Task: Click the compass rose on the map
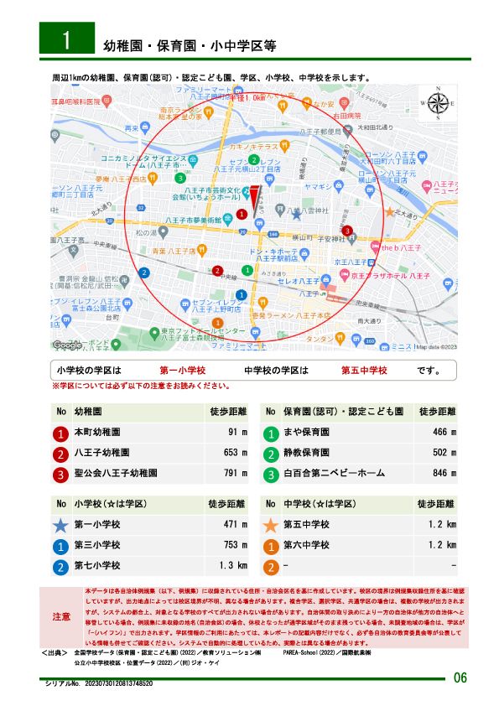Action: click(438, 105)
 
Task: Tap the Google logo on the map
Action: click(67, 345)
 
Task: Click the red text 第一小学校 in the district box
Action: click(183, 370)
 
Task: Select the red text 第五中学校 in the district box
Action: click(363, 370)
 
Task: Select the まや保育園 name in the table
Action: click(303, 433)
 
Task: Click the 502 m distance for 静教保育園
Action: click(439, 454)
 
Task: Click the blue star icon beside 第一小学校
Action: click(60, 526)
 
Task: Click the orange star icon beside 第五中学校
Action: click(270, 526)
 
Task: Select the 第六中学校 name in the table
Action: click(306, 546)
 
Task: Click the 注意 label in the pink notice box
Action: click(61, 616)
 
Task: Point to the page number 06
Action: click(460, 677)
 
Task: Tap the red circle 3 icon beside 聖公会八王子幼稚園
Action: click(60, 475)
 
